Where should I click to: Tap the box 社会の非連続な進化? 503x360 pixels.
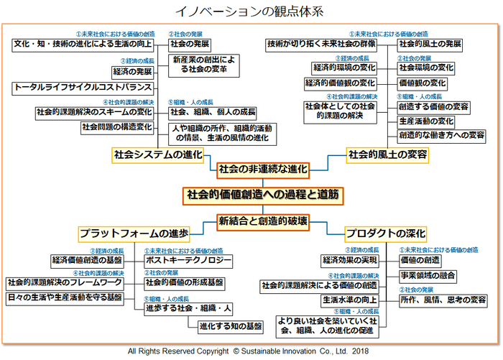tap(263, 170)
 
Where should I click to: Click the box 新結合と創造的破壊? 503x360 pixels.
tap(263, 221)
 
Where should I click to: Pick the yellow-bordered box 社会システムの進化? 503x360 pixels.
tap(158, 154)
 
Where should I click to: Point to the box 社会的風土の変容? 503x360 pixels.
tap(388, 154)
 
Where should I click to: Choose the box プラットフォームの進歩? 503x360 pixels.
tap(134, 234)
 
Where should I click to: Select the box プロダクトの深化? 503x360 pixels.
tap(385, 234)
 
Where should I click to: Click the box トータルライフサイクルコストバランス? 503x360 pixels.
tap(83, 88)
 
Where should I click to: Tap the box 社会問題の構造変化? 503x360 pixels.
tap(116, 127)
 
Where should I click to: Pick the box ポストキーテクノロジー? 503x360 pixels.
tap(188, 259)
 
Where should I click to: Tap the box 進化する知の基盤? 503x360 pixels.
tap(230, 326)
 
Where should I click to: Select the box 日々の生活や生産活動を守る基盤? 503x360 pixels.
tap(65, 297)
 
